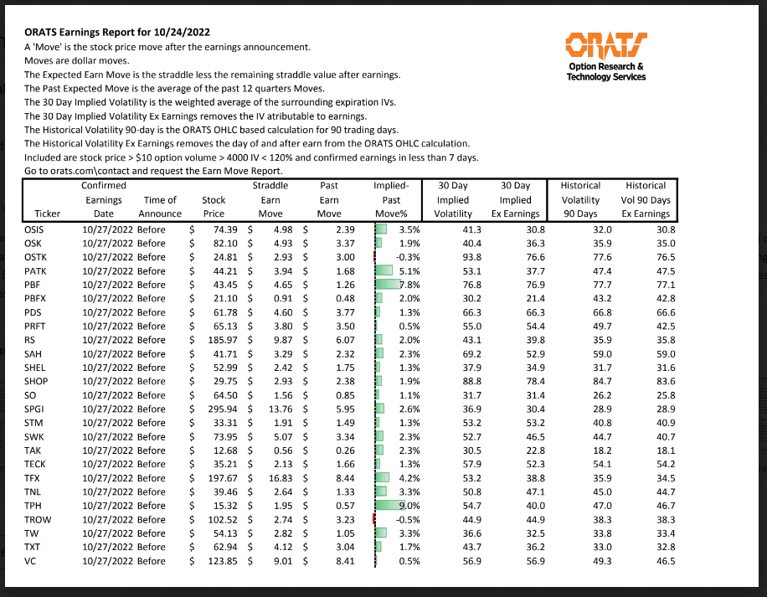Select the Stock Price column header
click(x=214, y=207)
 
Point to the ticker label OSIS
click(x=40, y=230)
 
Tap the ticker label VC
click(x=34, y=559)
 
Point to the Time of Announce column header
click(x=160, y=207)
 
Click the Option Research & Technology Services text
click(x=605, y=71)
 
